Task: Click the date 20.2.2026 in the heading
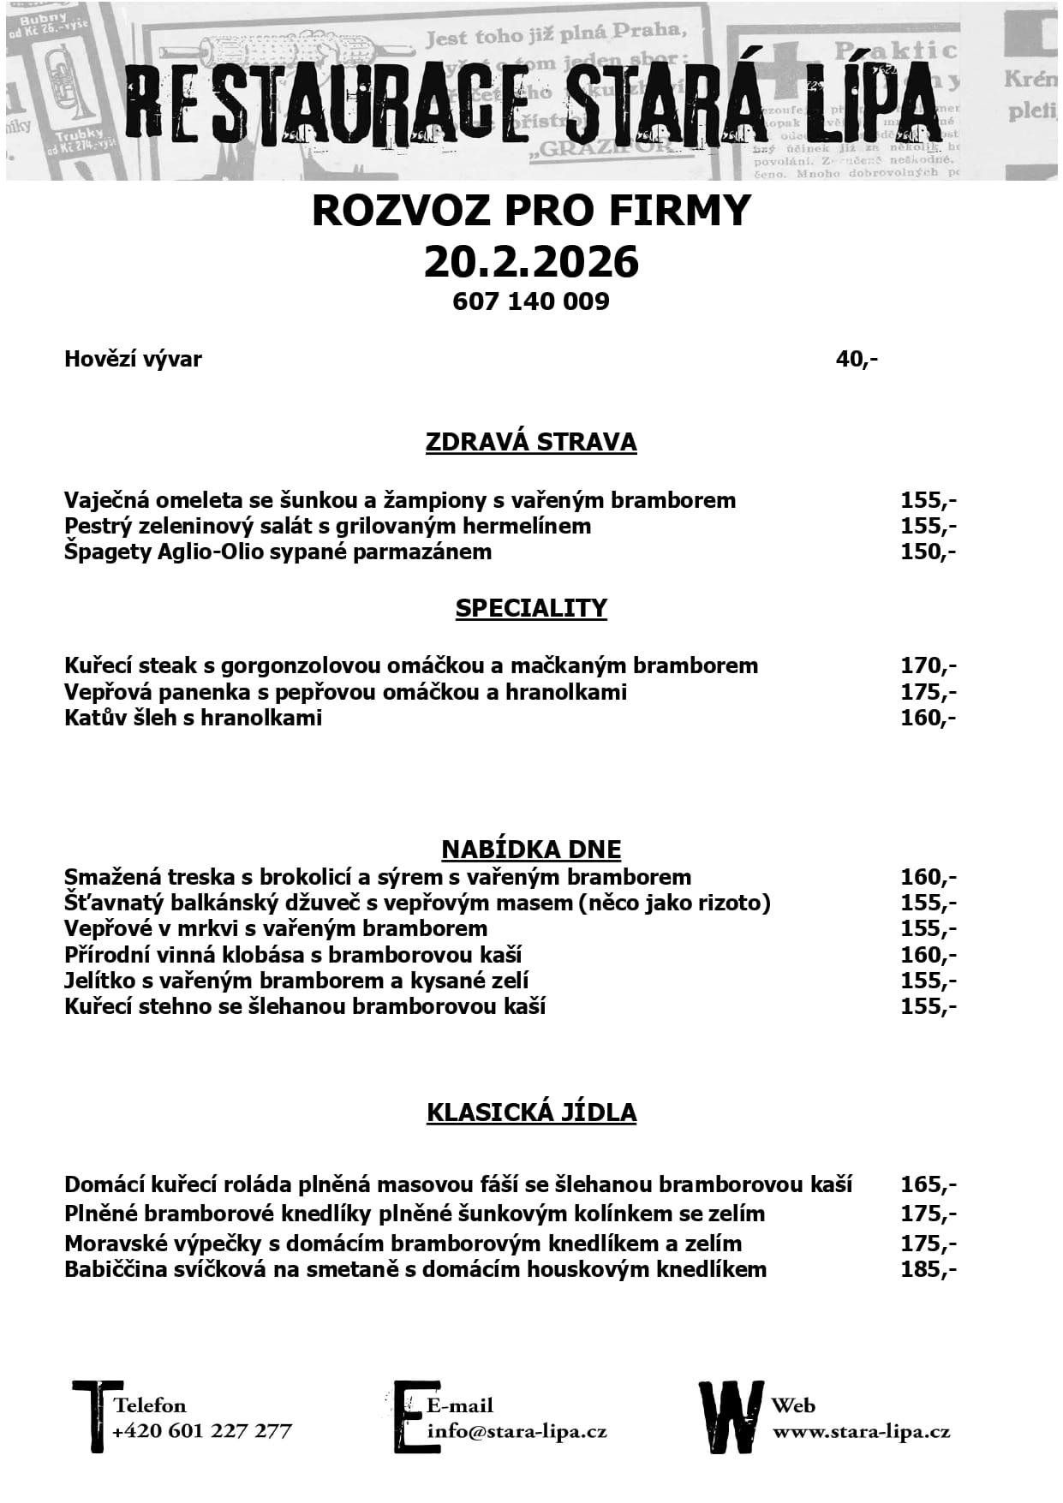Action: coord(531,261)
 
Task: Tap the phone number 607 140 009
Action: coord(531,301)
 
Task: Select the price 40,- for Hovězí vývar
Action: coord(857,359)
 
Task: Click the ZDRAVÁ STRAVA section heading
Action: coord(531,442)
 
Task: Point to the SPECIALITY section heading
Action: coord(531,608)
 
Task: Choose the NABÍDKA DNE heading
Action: coord(531,849)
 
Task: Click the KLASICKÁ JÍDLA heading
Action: coord(531,1112)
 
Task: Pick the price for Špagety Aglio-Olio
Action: coord(928,552)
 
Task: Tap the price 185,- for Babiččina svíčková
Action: coord(928,1269)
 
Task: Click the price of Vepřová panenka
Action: coord(928,692)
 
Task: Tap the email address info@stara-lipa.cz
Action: coord(517,1431)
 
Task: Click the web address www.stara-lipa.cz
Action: coord(861,1431)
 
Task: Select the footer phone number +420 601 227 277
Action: coord(202,1431)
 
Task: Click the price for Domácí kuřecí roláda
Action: coord(928,1185)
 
